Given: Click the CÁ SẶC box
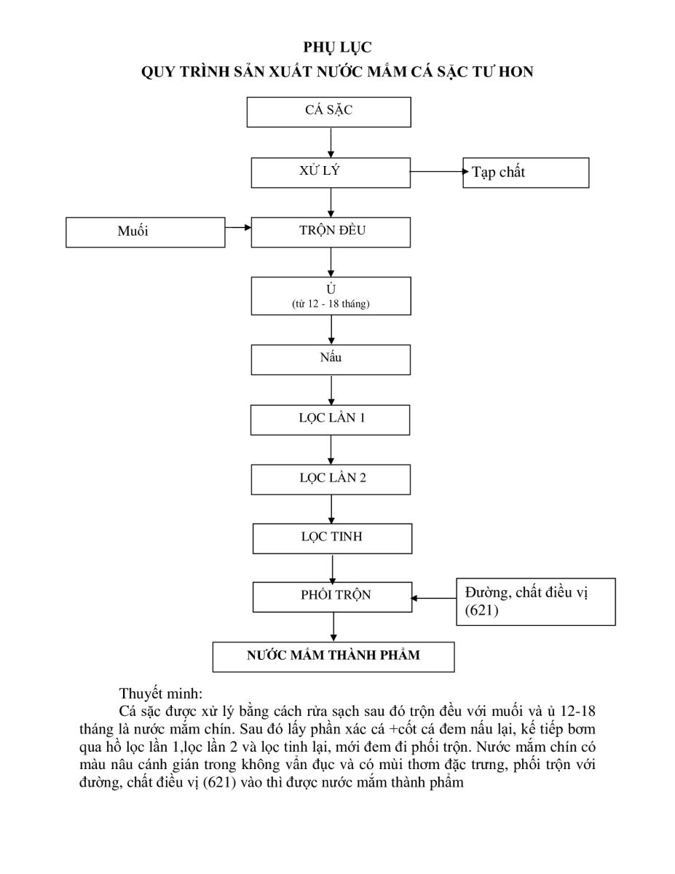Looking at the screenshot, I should (330, 112).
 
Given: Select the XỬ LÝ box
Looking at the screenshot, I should (330, 173).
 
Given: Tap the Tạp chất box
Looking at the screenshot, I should (526, 173).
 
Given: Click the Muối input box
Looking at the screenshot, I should (146, 232).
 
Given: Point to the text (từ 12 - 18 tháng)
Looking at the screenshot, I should (331, 304).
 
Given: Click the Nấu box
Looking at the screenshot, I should (331, 359).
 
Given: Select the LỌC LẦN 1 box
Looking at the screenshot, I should (331, 420).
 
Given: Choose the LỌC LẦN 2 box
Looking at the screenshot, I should (331, 479).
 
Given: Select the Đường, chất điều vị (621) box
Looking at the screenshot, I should (535, 602).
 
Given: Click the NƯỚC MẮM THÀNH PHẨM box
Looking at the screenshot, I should (333, 655).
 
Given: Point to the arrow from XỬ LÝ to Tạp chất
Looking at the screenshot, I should (437, 172).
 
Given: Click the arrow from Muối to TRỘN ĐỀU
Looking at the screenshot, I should (238, 228).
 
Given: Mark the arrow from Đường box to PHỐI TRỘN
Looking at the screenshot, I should (434, 599).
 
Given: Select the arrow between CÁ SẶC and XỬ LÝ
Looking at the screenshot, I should (331, 142).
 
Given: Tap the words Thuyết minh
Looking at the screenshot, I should (154, 693).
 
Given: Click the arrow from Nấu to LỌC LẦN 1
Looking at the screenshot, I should (332, 390).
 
